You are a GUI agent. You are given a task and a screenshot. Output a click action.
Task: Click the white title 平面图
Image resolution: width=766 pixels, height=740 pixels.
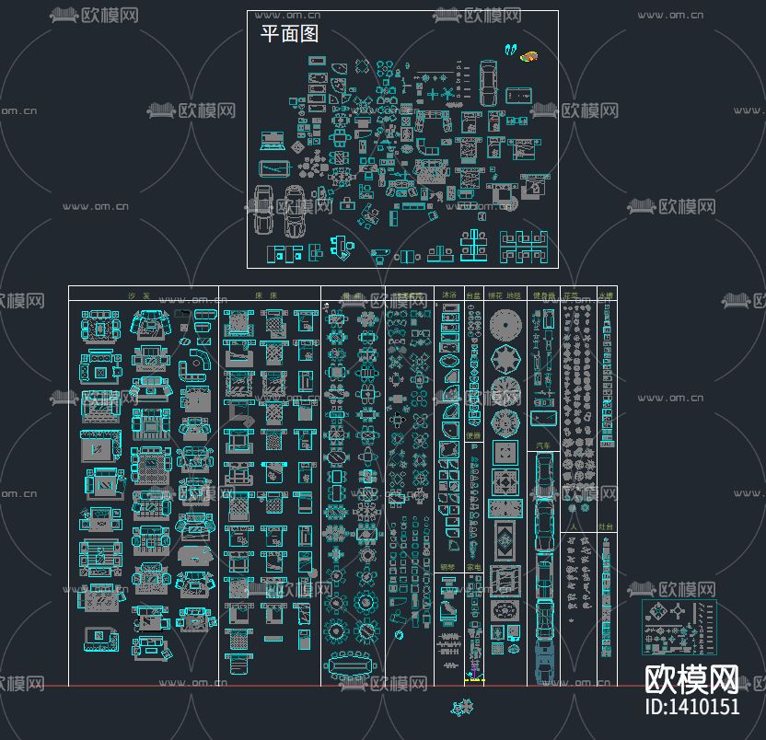[289, 35]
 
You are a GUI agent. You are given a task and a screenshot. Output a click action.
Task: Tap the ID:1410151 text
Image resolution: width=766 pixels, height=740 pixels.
[692, 707]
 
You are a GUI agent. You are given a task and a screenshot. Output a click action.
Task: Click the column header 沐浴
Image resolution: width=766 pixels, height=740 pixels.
[448, 295]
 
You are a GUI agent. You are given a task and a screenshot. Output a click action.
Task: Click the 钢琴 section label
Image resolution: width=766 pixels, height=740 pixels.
[447, 567]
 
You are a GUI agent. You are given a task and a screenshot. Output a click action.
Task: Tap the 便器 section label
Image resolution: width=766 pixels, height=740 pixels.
[473, 435]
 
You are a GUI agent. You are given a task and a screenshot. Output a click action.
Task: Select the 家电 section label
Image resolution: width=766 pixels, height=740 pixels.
[473, 567]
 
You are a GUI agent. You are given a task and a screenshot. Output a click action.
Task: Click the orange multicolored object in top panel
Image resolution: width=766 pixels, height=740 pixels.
[529, 57]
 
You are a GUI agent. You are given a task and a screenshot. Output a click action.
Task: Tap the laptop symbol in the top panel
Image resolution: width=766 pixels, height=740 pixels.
[273, 141]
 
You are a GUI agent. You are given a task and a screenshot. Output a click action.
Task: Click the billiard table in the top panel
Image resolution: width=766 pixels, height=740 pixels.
[518, 94]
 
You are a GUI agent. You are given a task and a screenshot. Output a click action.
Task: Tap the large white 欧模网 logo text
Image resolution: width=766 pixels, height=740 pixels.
[691, 680]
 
